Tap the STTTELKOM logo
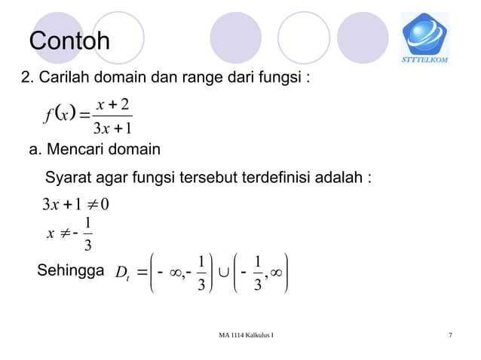tap(424, 38)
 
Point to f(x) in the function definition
tap(56, 116)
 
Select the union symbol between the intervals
tap(224, 273)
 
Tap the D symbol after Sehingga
tap(121, 273)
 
